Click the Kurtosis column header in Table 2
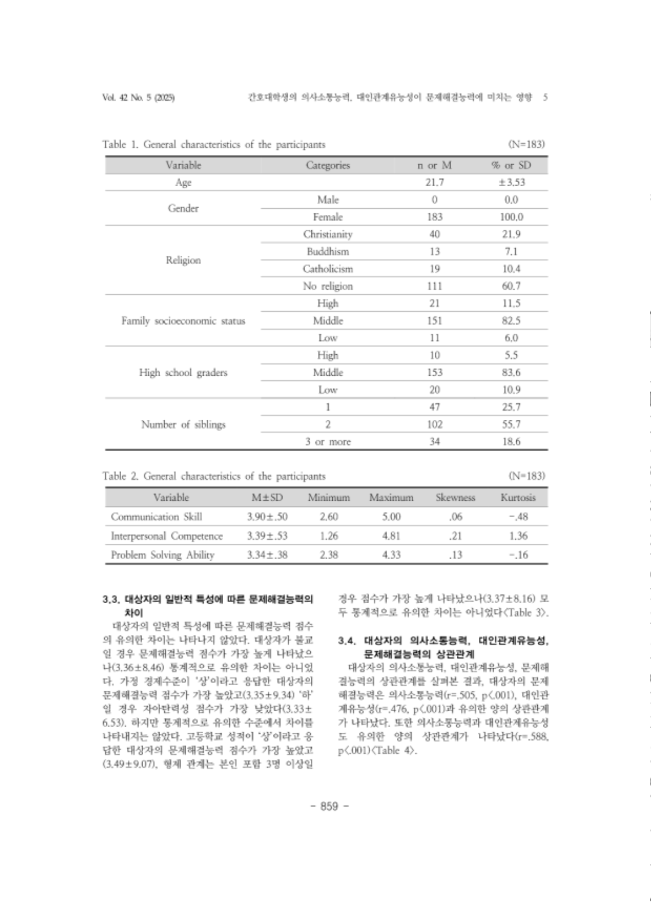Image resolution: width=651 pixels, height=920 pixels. coord(517,498)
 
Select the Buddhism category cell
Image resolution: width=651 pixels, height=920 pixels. coord(328,251)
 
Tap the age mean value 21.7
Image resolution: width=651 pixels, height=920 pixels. coord(434,182)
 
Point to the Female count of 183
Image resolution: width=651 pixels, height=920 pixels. coord(434,217)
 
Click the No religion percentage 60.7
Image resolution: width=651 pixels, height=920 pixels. coord(511,286)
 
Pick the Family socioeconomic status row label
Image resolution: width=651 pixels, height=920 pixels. coord(183,321)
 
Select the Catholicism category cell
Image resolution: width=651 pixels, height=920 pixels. coord(328,269)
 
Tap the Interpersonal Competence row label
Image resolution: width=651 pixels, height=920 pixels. coord(167,536)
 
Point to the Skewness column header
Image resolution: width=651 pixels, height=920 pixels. coord(455,498)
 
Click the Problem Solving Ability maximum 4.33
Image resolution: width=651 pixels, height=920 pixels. coord(391,555)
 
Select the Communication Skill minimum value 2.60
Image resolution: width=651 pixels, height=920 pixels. coord(328,517)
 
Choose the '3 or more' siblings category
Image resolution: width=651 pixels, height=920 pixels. coord(328,442)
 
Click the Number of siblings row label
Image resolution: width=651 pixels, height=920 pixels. coord(183,424)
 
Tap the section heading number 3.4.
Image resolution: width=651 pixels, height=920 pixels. coord(346,641)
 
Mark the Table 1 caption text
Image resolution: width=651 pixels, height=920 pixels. coord(213,144)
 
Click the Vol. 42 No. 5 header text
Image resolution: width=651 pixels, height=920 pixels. coord(138,97)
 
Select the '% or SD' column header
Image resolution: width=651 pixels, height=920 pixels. coord(511,165)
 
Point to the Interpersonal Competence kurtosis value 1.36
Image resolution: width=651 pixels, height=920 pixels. coord(517,536)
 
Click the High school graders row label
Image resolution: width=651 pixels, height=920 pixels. coord(183,372)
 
